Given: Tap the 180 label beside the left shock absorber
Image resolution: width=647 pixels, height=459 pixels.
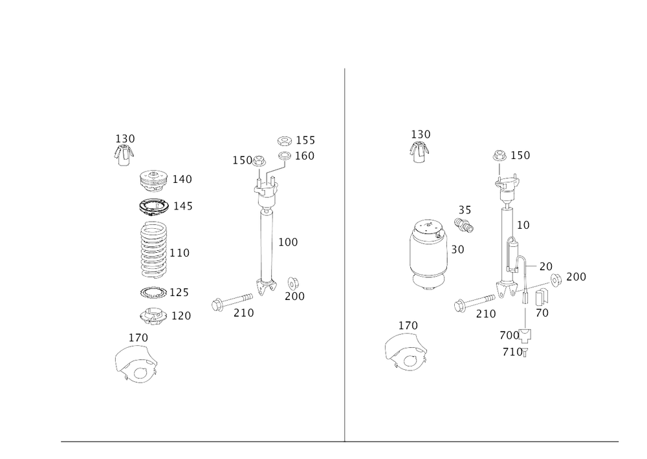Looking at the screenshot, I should click(288, 243).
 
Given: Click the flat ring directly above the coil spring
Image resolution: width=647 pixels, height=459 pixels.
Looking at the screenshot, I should click(155, 207).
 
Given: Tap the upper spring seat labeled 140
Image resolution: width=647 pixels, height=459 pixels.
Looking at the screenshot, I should click(153, 180).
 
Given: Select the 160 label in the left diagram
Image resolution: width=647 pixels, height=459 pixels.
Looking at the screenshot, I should click(305, 156).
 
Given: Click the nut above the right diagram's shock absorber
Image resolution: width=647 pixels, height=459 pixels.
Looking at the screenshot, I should click(499, 155).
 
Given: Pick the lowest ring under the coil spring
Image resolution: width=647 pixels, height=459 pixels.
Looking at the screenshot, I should click(154, 316).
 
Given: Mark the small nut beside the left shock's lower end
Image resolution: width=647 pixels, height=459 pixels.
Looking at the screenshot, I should click(292, 282).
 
